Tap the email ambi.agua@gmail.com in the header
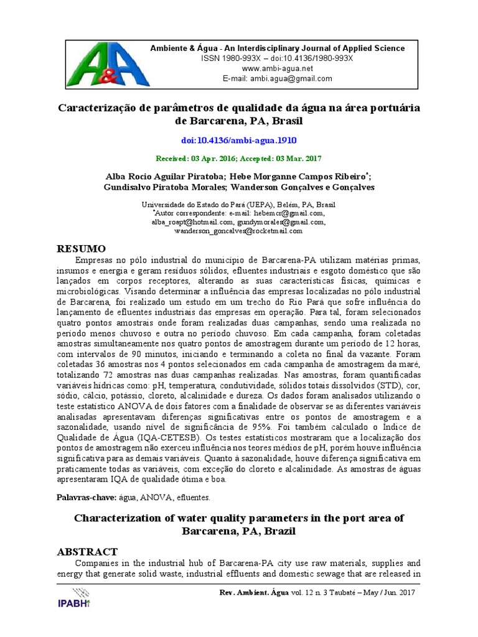point(291,79)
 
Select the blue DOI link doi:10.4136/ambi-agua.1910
point(239,141)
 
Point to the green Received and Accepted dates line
point(239,159)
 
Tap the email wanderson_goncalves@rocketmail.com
point(238,231)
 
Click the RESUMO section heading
point(86,248)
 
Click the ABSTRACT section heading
point(87,551)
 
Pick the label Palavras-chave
point(88,498)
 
